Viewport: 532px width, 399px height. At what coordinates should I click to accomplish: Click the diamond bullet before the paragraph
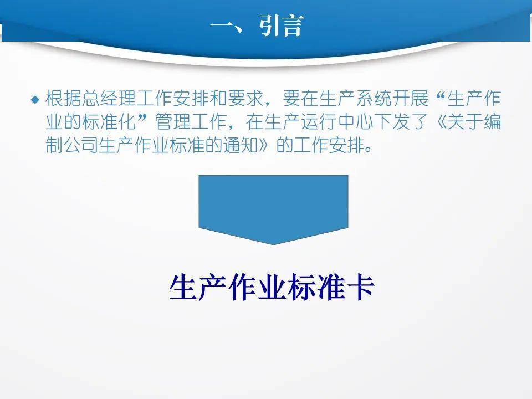coord(35,100)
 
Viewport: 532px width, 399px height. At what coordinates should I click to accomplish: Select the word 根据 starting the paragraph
coord(63,99)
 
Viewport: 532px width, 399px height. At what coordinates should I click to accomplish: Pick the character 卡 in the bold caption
coord(360,288)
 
